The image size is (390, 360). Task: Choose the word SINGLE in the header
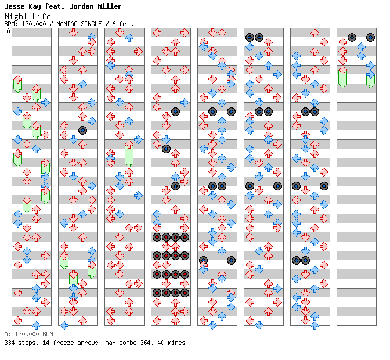click(x=91, y=24)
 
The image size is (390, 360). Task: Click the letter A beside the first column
click(x=8, y=31)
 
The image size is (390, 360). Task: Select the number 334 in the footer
click(x=9, y=343)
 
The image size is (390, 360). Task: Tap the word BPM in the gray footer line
click(x=48, y=334)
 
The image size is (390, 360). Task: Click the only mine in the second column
click(x=82, y=131)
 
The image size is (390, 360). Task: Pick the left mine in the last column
click(x=352, y=37)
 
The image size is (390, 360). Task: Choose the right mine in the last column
click(x=371, y=37)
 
